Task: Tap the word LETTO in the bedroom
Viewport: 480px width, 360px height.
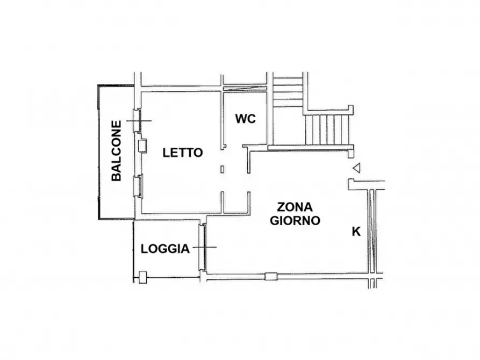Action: click(183, 153)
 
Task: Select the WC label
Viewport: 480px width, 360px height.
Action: click(245, 119)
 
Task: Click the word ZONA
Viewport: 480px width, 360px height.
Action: click(295, 207)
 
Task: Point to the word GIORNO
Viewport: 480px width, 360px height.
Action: click(295, 220)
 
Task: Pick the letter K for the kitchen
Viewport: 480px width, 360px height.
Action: click(356, 232)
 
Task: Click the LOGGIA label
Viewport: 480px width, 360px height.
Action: click(165, 249)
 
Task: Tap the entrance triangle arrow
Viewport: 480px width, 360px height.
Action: click(356, 168)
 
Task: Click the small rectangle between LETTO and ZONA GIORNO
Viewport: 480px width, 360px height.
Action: click(223, 170)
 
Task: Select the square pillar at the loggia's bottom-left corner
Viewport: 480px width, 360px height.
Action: click(142, 278)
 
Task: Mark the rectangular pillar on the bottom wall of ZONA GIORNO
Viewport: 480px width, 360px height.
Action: click(271, 277)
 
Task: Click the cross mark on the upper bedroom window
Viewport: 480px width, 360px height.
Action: click(138, 121)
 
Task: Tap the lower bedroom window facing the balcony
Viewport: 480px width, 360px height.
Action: click(138, 186)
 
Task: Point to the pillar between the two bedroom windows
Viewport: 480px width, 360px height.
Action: click(142, 146)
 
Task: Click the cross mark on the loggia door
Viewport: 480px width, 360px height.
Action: click(204, 247)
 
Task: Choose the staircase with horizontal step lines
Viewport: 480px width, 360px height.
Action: click(288, 91)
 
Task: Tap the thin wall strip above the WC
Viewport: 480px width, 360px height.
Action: click(244, 88)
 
